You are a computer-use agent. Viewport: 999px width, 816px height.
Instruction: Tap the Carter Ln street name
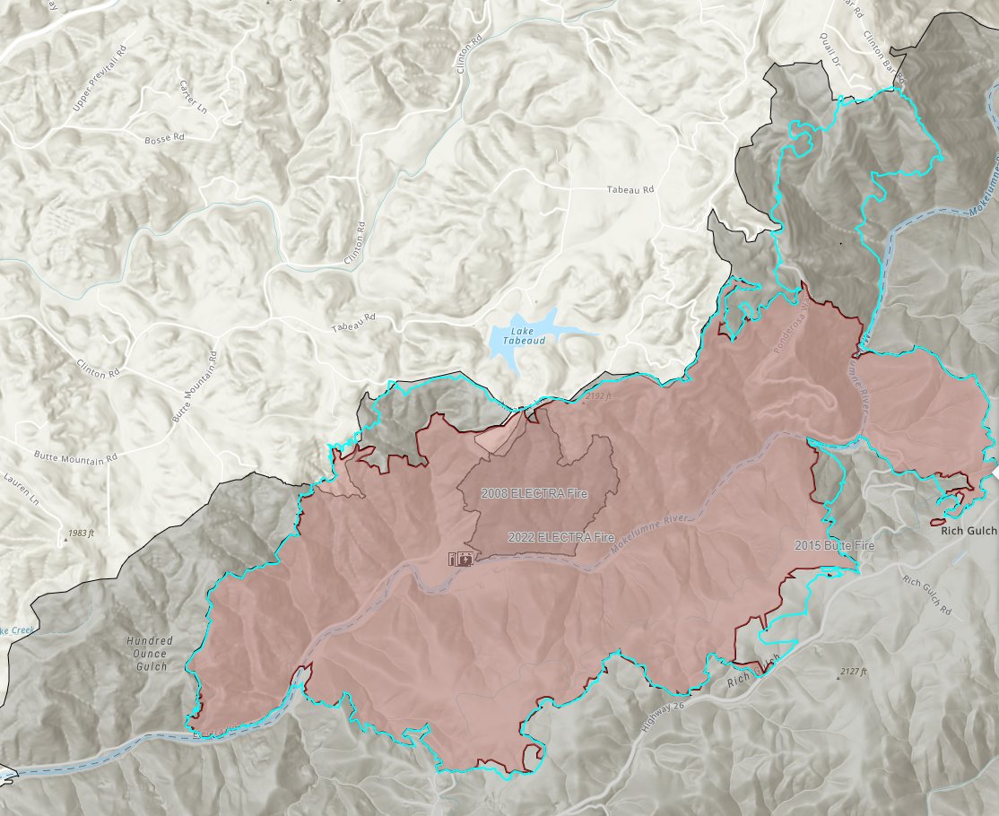click(x=193, y=98)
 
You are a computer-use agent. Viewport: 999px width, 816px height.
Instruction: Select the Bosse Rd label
click(x=164, y=139)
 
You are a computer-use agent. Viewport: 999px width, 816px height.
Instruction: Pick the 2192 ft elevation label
click(x=598, y=395)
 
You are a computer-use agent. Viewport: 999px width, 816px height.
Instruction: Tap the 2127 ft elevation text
click(x=856, y=671)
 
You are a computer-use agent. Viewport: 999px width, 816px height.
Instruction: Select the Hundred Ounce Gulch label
click(x=150, y=653)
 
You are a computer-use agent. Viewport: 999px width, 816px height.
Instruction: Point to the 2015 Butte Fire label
click(x=833, y=545)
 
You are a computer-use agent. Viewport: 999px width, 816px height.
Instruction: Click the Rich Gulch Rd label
click(x=927, y=592)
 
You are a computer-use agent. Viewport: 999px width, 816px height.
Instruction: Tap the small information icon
click(x=454, y=560)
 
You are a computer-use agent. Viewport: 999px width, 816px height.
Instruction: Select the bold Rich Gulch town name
click(x=969, y=531)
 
